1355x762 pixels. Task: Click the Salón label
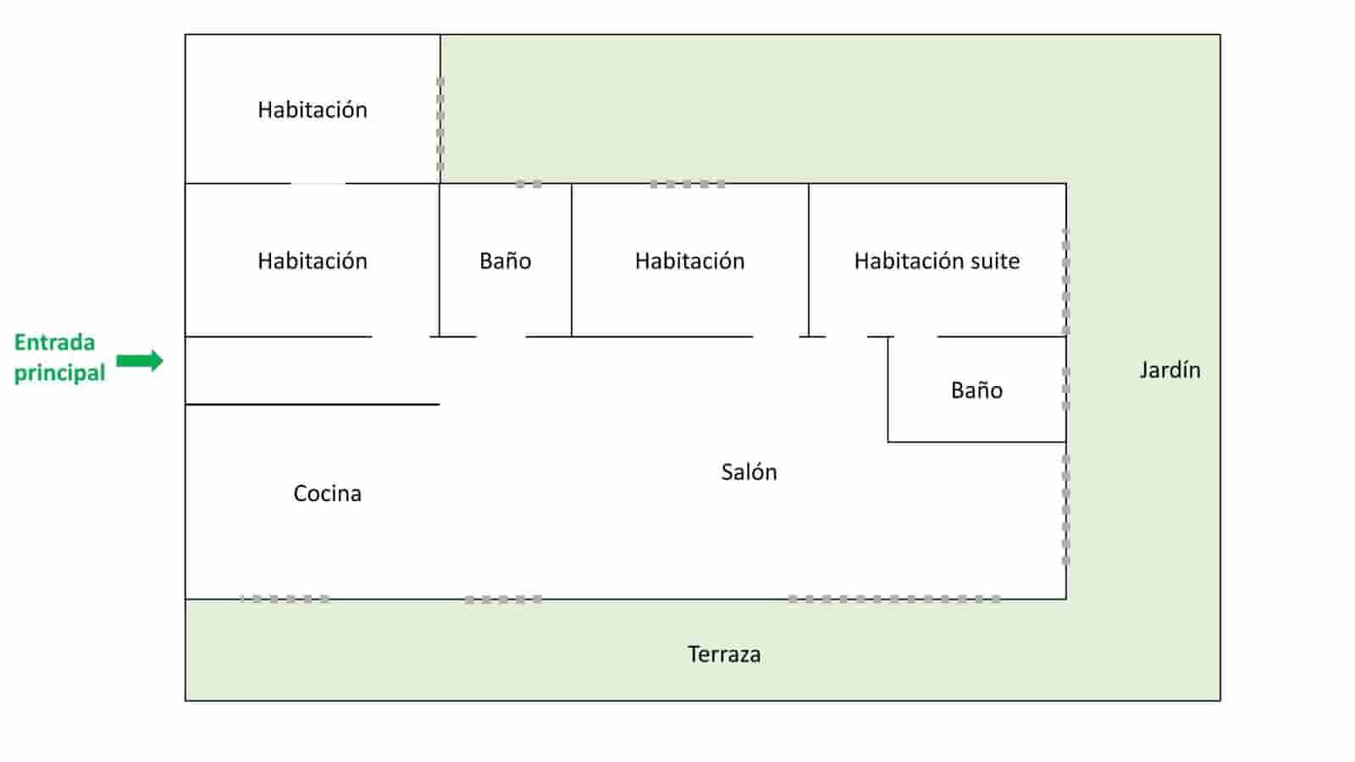tap(749, 472)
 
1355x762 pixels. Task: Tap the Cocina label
tap(327, 494)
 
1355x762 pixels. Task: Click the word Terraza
tap(723, 654)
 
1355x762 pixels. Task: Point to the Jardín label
tap(1170, 370)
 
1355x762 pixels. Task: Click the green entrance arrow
tap(140, 361)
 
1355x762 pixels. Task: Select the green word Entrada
tap(54, 343)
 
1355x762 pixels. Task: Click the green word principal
tap(59, 373)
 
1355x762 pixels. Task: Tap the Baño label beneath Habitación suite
tap(976, 390)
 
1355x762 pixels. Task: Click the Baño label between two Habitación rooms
tap(505, 261)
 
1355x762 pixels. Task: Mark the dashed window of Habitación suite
tap(1065, 281)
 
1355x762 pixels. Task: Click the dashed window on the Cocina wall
tap(285, 599)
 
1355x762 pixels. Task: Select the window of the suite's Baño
tap(1065, 389)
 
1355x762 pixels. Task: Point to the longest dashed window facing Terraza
tap(894, 599)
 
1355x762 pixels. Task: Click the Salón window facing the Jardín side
tap(1065, 510)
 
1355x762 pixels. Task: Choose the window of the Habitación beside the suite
tap(688, 184)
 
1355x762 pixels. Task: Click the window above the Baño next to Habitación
tap(529, 184)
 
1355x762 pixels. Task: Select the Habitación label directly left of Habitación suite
tap(689, 261)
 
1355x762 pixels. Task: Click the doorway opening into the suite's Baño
tap(915, 337)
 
